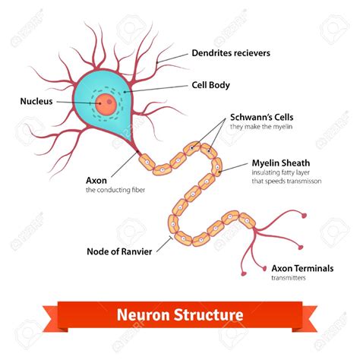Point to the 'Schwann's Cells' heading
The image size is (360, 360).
tap(261, 118)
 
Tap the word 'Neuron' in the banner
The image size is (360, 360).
tap(144, 314)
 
